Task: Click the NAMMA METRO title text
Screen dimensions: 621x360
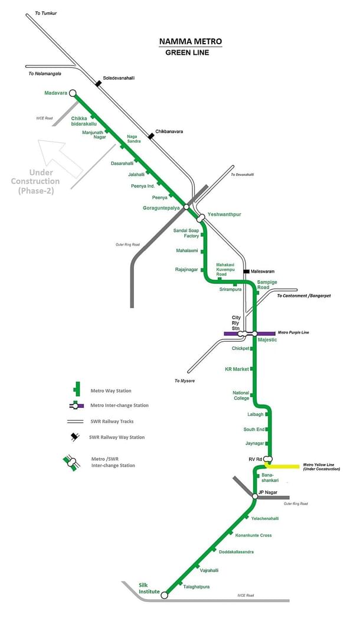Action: (191, 42)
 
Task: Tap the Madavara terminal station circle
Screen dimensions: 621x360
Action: (73, 93)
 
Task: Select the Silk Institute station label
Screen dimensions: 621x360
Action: (149, 588)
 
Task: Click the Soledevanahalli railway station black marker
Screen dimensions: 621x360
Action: (98, 84)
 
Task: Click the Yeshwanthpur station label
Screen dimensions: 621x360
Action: (225, 214)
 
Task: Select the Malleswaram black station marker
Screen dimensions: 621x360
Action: (246, 272)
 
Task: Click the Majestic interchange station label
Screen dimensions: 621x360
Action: (267, 340)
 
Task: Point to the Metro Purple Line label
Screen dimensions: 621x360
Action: (293, 333)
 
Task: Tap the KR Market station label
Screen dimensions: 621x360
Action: (237, 369)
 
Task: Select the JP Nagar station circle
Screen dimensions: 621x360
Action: (255, 496)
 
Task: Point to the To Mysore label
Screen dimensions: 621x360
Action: (184, 381)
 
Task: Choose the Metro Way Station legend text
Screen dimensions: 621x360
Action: (111, 391)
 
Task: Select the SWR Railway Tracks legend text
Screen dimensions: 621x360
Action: (112, 421)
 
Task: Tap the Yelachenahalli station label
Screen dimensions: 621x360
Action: (265, 518)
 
